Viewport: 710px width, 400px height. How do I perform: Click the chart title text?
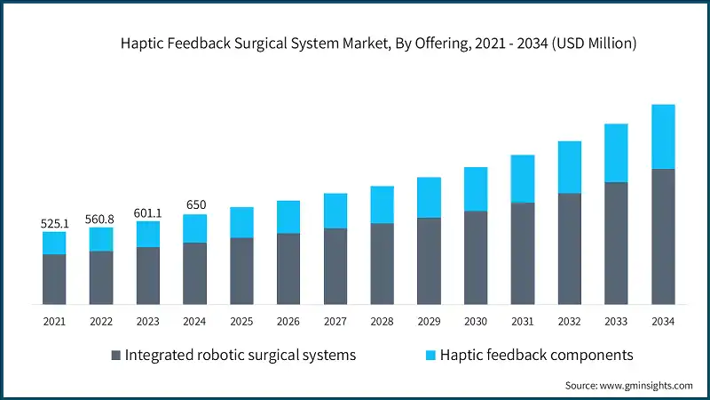coord(379,43)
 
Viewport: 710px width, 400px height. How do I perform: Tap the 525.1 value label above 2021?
coord(55,224)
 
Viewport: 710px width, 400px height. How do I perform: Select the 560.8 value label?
coord(101,220)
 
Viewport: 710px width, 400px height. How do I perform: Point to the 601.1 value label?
coord(148,213)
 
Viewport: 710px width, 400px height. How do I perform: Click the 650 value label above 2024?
coord(195,205)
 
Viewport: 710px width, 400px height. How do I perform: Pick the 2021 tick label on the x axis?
coord(55,321)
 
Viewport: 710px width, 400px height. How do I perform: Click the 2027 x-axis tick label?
coord(335,321)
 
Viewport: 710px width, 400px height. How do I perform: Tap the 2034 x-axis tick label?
coord(663,321)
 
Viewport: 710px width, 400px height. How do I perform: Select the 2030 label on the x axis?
coord(476,321)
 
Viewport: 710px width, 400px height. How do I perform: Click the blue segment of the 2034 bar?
coord(663,136)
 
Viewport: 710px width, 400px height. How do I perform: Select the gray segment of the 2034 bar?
coord(663,236)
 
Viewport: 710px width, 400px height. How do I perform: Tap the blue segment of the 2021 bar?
coord(55,243)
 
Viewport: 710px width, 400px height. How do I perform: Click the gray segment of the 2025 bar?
coord(241,271)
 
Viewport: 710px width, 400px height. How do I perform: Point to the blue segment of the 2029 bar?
coord(429,197)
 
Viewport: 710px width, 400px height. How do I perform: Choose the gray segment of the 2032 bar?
coord(569,249)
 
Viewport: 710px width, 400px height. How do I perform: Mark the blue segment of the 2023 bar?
coord(148,234)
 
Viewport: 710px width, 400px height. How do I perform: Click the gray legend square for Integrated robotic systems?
coord(116,356)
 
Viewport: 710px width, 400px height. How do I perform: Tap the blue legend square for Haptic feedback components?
coord(430,356)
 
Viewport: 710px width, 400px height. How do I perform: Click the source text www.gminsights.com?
coord(628,385)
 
